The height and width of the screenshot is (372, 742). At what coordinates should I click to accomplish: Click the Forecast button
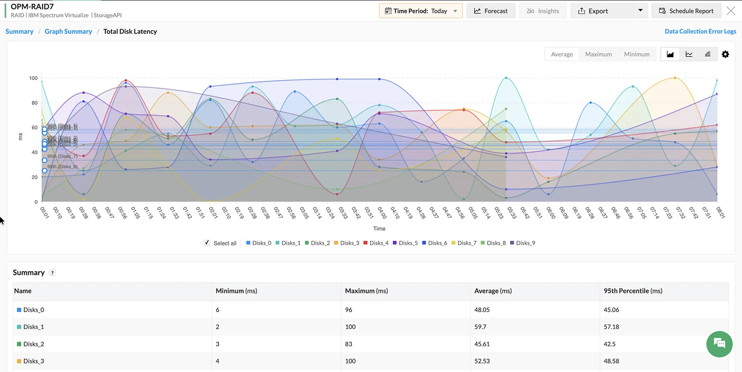(x=491, y=11)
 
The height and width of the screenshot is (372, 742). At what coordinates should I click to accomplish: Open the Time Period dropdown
(x=420, y=11)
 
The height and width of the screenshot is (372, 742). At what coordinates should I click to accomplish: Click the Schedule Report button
(x=686, y=11)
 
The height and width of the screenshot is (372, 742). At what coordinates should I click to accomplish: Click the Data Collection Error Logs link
(x=700, y=31)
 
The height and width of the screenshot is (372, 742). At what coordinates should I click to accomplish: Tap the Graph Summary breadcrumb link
(x=68, y=31)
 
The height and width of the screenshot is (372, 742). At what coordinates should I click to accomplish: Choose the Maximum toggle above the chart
(x=598, y=54)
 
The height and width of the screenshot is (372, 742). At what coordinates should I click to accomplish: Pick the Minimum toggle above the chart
(x=636, y=54)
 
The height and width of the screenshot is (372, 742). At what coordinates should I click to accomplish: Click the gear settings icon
(x=725, y=54)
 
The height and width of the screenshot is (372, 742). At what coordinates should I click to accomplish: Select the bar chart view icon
(x=707, y=54)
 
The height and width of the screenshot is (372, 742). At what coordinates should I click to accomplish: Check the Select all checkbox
(x=207, y=243)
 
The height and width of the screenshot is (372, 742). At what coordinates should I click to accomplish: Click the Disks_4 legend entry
(x=376, y=243)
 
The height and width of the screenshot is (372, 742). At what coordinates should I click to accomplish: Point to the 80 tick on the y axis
(x=34, y=103)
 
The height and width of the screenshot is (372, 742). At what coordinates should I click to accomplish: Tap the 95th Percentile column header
(x=633, y=291)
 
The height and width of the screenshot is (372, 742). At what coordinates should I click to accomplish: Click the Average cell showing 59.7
(x=481, y=327)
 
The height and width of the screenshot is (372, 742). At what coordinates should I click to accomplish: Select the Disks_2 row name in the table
(x=34, y=344)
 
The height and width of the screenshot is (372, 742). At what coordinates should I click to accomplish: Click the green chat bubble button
(x=719, y=343)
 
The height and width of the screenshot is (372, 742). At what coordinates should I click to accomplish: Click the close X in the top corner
(x=731, y=11)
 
